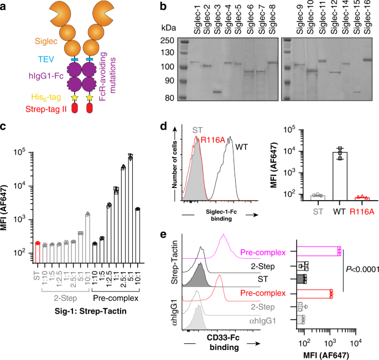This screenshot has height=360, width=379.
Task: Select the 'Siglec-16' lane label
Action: (366, 24)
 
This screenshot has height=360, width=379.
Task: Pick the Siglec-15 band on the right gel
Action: (356, 92)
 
